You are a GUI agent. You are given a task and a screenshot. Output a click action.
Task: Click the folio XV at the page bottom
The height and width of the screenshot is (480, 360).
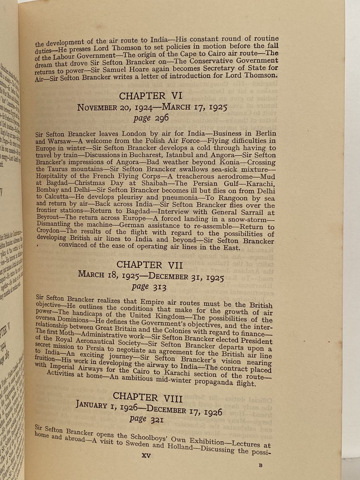click(x=146, y=456)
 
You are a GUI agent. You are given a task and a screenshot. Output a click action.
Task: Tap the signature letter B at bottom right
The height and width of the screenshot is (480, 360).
click(x=261, y=465)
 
